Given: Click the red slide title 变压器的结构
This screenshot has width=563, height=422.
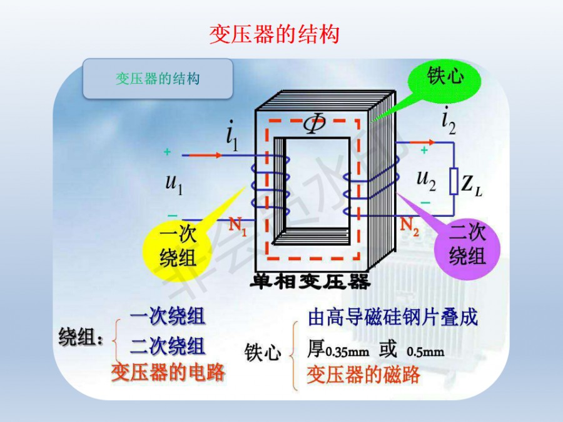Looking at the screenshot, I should point(273,34).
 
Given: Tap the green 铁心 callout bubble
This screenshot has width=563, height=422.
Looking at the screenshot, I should point(445,78).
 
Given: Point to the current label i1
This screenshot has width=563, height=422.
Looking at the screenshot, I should point(231,138).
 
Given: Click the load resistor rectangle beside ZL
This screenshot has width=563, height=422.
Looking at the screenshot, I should point(454,180).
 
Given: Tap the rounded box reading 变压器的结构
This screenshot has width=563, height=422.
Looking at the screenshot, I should point(158,79).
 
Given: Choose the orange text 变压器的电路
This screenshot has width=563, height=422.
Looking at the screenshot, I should point(168,373).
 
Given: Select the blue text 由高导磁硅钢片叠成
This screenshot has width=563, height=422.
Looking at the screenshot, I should point(393,318).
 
